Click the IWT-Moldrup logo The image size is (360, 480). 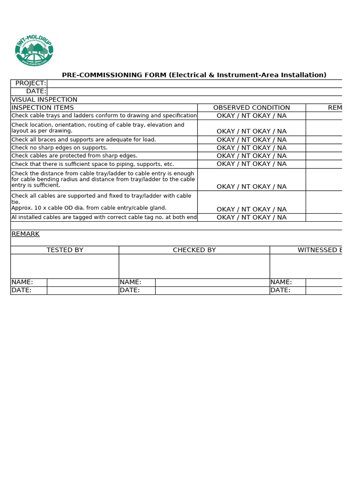(x=34, y=50)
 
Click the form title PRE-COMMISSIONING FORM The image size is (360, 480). (x=194, y=75)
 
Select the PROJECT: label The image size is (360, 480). (x=30, y=83)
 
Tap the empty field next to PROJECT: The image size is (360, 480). (x=194, y=83)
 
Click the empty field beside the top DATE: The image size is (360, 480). (x=194, y=91)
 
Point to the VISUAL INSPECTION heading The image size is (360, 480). (x=45, y=99)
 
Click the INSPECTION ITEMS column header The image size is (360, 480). (x=43, y=107)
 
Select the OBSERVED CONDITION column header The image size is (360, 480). (x=251, y=107)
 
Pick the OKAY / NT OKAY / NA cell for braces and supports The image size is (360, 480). (x=251, y=140)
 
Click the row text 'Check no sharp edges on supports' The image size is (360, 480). (x=59, y=148)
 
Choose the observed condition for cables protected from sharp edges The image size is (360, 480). (x=251, y=156)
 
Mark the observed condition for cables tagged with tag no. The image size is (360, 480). (x=251, y=217)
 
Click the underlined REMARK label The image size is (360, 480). (x=25, y=234)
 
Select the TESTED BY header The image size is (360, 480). (x=65, y=250)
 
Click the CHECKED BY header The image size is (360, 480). (x=194, y=250)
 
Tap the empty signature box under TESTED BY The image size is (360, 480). (x=65, y=266)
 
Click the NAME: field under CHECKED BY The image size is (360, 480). (x=212, y=282)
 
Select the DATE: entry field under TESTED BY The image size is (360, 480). (x=82, y=290)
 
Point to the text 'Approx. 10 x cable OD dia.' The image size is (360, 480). (x=89, y=208)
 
